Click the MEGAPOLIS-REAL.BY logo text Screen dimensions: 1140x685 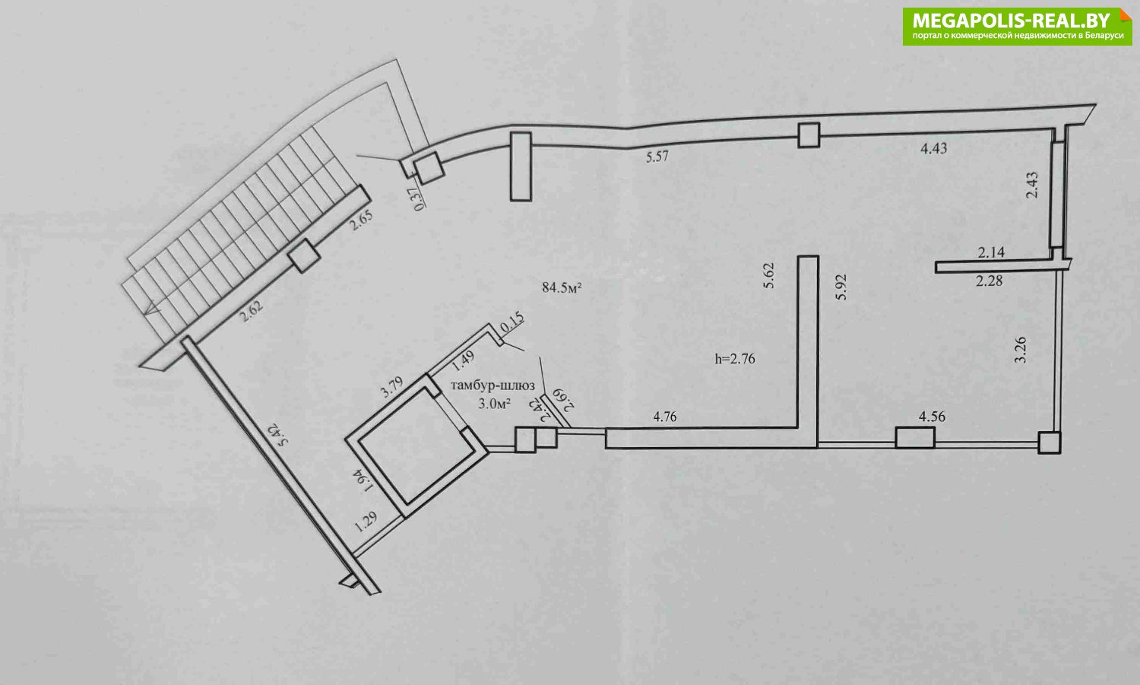click(1012, 21)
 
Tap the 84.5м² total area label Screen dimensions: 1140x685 click(562, 287)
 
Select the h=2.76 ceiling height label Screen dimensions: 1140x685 click(735, 359)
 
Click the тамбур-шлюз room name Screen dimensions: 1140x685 click(492, 385)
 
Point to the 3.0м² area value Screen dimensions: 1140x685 click(494, 404)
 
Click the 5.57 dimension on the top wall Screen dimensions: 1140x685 click(657, 157)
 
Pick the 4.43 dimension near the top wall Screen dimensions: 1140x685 click(934, 148)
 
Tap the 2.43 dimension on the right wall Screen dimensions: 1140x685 click(1032, 186)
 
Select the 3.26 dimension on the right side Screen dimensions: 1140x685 click(1021, 350)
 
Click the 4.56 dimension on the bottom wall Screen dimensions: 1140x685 click(932, 417)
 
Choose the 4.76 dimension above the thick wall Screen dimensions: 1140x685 click(665, 417)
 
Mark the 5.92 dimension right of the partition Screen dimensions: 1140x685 click(841, 287)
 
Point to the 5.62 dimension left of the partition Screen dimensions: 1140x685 click(768, 275)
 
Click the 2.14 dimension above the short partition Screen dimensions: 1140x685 click(991, 252)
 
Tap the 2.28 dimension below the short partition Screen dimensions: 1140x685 click(989, 281)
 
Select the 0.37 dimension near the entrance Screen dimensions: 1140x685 click(419, 199)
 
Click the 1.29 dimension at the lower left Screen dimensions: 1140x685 click(366, 522)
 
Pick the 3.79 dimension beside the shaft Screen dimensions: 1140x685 click(392, 386)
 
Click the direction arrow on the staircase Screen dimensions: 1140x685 click(152, 308)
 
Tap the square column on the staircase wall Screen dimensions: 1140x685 click(304, 255)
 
